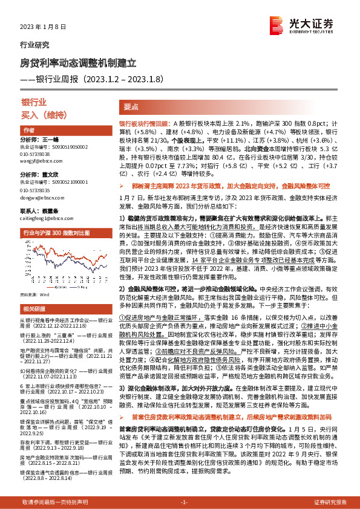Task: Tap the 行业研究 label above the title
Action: click(x=35, y=45)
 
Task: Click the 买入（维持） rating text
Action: click(x=42, y=113)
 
